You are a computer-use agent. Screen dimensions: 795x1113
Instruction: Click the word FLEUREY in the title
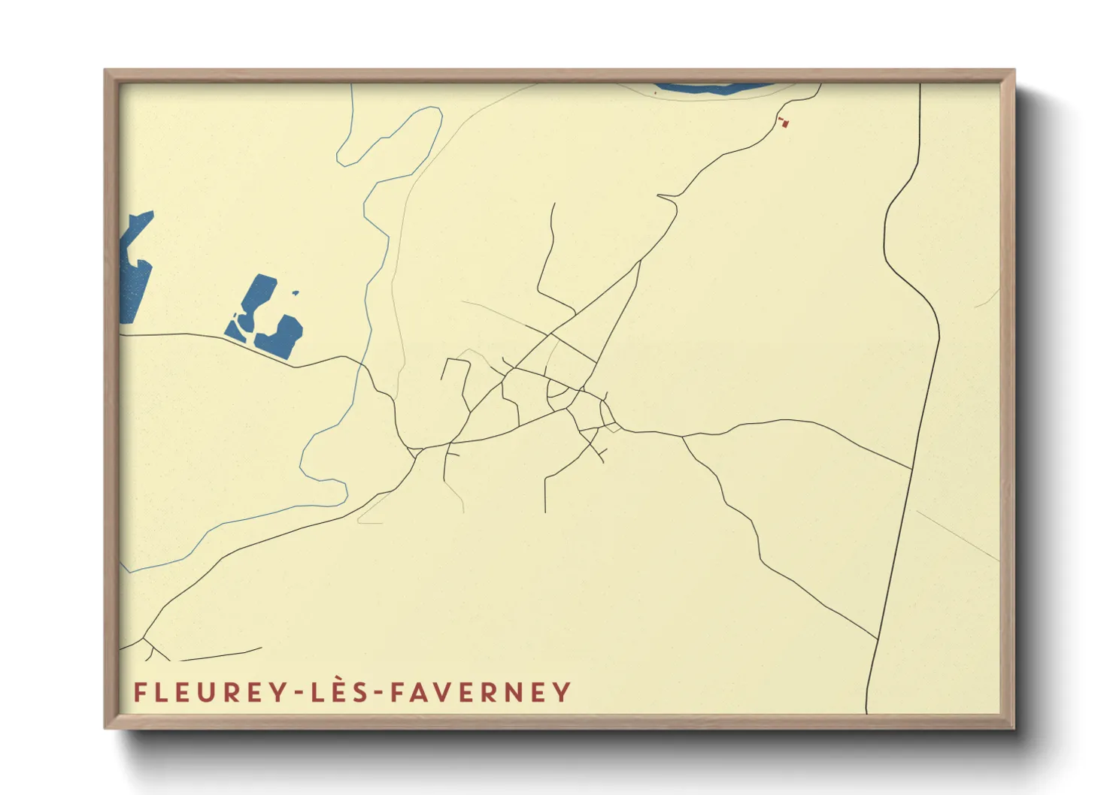(x=202, y=692)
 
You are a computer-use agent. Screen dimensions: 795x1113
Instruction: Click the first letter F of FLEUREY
(x=139, y=692)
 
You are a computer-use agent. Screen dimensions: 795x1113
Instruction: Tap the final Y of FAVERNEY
(x=562, y=692)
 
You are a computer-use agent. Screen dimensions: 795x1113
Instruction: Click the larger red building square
(x=787, y=125)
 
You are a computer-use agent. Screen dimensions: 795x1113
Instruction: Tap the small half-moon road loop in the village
(x=558, y=388)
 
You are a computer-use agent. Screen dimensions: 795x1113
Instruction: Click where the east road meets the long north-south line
(x=911, y=469)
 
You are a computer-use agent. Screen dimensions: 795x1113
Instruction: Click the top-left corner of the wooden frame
(x=106, y=71)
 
